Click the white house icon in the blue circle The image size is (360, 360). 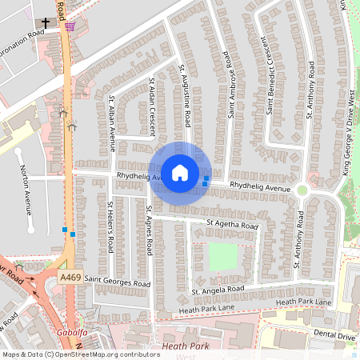(x=180, y=171)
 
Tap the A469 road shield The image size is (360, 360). (x=70, y=275)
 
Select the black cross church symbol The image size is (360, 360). (x=46, y=23)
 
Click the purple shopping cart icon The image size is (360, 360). (x=70, y=25)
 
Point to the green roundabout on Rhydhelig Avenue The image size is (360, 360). (x=302, y=190)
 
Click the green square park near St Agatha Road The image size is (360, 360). (x=223, y=257)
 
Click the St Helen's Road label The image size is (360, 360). (x=110, y=226)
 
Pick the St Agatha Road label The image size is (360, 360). (x=232, y=225)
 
